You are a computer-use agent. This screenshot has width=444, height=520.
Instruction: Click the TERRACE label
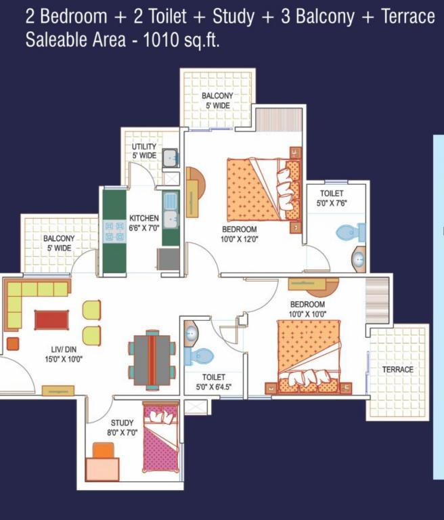(397, 370)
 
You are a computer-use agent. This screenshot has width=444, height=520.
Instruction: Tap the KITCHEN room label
(144, 218)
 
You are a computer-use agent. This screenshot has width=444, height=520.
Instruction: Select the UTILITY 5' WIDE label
(144, 151)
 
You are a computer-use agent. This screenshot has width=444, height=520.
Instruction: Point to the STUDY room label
(122, 422)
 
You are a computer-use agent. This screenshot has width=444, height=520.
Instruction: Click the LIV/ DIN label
(64, 349)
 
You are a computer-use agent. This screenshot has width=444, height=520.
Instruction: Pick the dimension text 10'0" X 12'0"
(240, 239)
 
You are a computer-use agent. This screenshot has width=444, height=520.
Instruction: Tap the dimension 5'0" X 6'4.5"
(214, 387)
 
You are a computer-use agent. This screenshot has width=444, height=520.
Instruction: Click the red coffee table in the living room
(51, 320)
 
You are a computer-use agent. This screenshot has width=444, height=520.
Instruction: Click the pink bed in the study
(161, 437)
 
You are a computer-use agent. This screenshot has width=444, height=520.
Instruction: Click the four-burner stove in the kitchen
(114, 232)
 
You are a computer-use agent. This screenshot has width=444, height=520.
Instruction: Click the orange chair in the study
(103, 450)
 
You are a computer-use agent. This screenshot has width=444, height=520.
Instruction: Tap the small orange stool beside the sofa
(13, 343)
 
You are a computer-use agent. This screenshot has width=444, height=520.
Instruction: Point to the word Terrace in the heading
(408, 16)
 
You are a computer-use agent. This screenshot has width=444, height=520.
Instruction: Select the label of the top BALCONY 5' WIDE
(217, 100)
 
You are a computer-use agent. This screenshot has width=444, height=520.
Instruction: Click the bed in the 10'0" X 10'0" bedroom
(309, 357)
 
